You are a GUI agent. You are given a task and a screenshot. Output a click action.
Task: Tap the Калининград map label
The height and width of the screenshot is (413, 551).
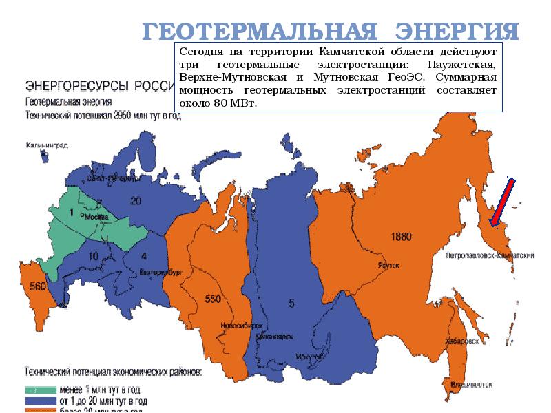(48, 145)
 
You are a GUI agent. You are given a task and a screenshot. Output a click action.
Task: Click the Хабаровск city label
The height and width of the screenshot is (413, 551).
(461, 341)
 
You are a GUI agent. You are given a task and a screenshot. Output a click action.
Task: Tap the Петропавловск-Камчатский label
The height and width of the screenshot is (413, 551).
(490, 255)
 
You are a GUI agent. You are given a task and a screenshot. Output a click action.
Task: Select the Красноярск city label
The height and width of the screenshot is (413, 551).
(274, 336)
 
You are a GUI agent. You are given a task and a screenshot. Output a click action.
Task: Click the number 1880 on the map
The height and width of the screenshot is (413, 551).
(400, 237)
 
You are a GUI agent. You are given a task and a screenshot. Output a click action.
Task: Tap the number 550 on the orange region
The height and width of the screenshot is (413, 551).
(214, 299)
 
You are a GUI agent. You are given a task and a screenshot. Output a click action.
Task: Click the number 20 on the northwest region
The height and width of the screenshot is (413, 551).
(136, 200)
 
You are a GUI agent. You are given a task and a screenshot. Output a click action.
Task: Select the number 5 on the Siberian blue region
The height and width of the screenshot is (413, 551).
(292, 303)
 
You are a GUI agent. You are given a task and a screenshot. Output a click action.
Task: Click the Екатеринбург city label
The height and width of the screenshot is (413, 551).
(161, 272)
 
